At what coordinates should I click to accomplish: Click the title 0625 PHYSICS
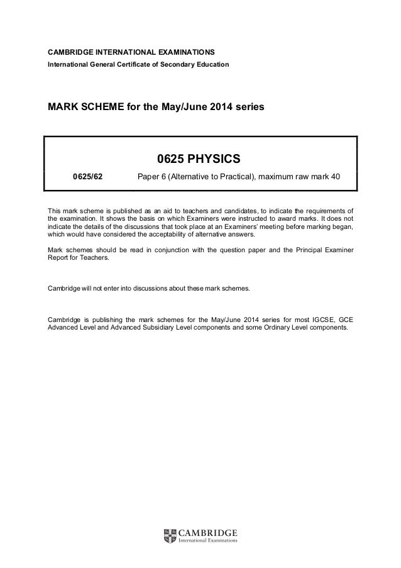200,157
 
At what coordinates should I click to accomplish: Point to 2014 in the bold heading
211,107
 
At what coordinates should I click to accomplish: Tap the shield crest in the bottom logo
169,536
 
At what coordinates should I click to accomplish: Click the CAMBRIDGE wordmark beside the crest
209,532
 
